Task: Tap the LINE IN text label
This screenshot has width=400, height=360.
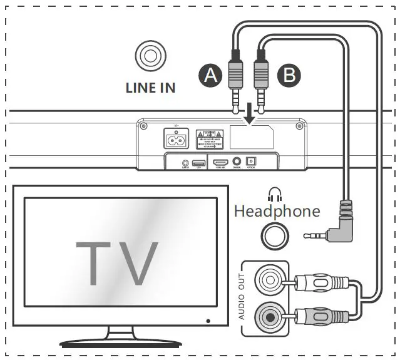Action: [150, 88]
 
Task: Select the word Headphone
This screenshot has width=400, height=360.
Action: [277, 210]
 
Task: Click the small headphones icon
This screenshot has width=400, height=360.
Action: [273, 193]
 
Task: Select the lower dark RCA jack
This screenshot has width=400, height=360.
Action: [270, 315]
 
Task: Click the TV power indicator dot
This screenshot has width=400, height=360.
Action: [208, 321]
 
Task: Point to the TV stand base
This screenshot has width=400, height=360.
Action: [119, 341]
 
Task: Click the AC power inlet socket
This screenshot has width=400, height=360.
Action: [176, 139]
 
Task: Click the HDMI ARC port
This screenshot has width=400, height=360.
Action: [220, 162]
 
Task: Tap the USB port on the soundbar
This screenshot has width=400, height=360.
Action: [200, 162]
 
